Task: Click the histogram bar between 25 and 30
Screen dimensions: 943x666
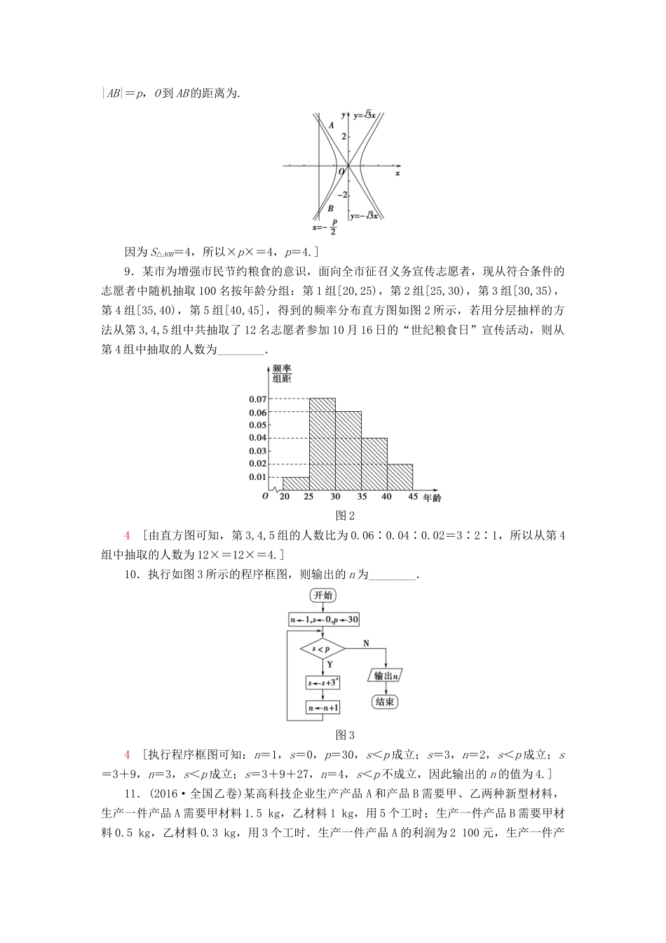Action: coord(322,443)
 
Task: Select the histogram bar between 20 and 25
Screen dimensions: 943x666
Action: coord(296,483)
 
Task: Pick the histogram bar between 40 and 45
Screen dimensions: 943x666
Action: coord(400,476)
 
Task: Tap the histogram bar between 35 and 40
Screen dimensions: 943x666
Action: coord(374,463)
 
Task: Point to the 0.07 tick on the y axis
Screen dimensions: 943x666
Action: coord(257,399)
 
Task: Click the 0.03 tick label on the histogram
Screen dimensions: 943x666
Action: coord(257,450)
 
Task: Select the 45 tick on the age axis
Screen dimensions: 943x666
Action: coord(413,497)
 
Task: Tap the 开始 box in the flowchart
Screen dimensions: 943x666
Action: coord(323,596)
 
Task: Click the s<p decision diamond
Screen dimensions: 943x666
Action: coord(322,649)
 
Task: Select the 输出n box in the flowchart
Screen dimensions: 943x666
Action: coord(386,676)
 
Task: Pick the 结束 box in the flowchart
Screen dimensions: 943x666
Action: coord(385,702)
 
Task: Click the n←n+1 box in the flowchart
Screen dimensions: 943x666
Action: coord(323,708)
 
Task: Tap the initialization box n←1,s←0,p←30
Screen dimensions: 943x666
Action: coord(324,620)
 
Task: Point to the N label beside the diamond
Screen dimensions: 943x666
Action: coord(366,643)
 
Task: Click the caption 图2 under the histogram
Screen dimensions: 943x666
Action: coord(345,515)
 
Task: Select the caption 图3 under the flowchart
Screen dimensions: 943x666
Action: coord(345,735)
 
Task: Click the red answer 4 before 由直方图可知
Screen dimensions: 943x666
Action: coord(127,535)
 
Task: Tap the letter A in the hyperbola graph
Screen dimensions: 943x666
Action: coord(331,125)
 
